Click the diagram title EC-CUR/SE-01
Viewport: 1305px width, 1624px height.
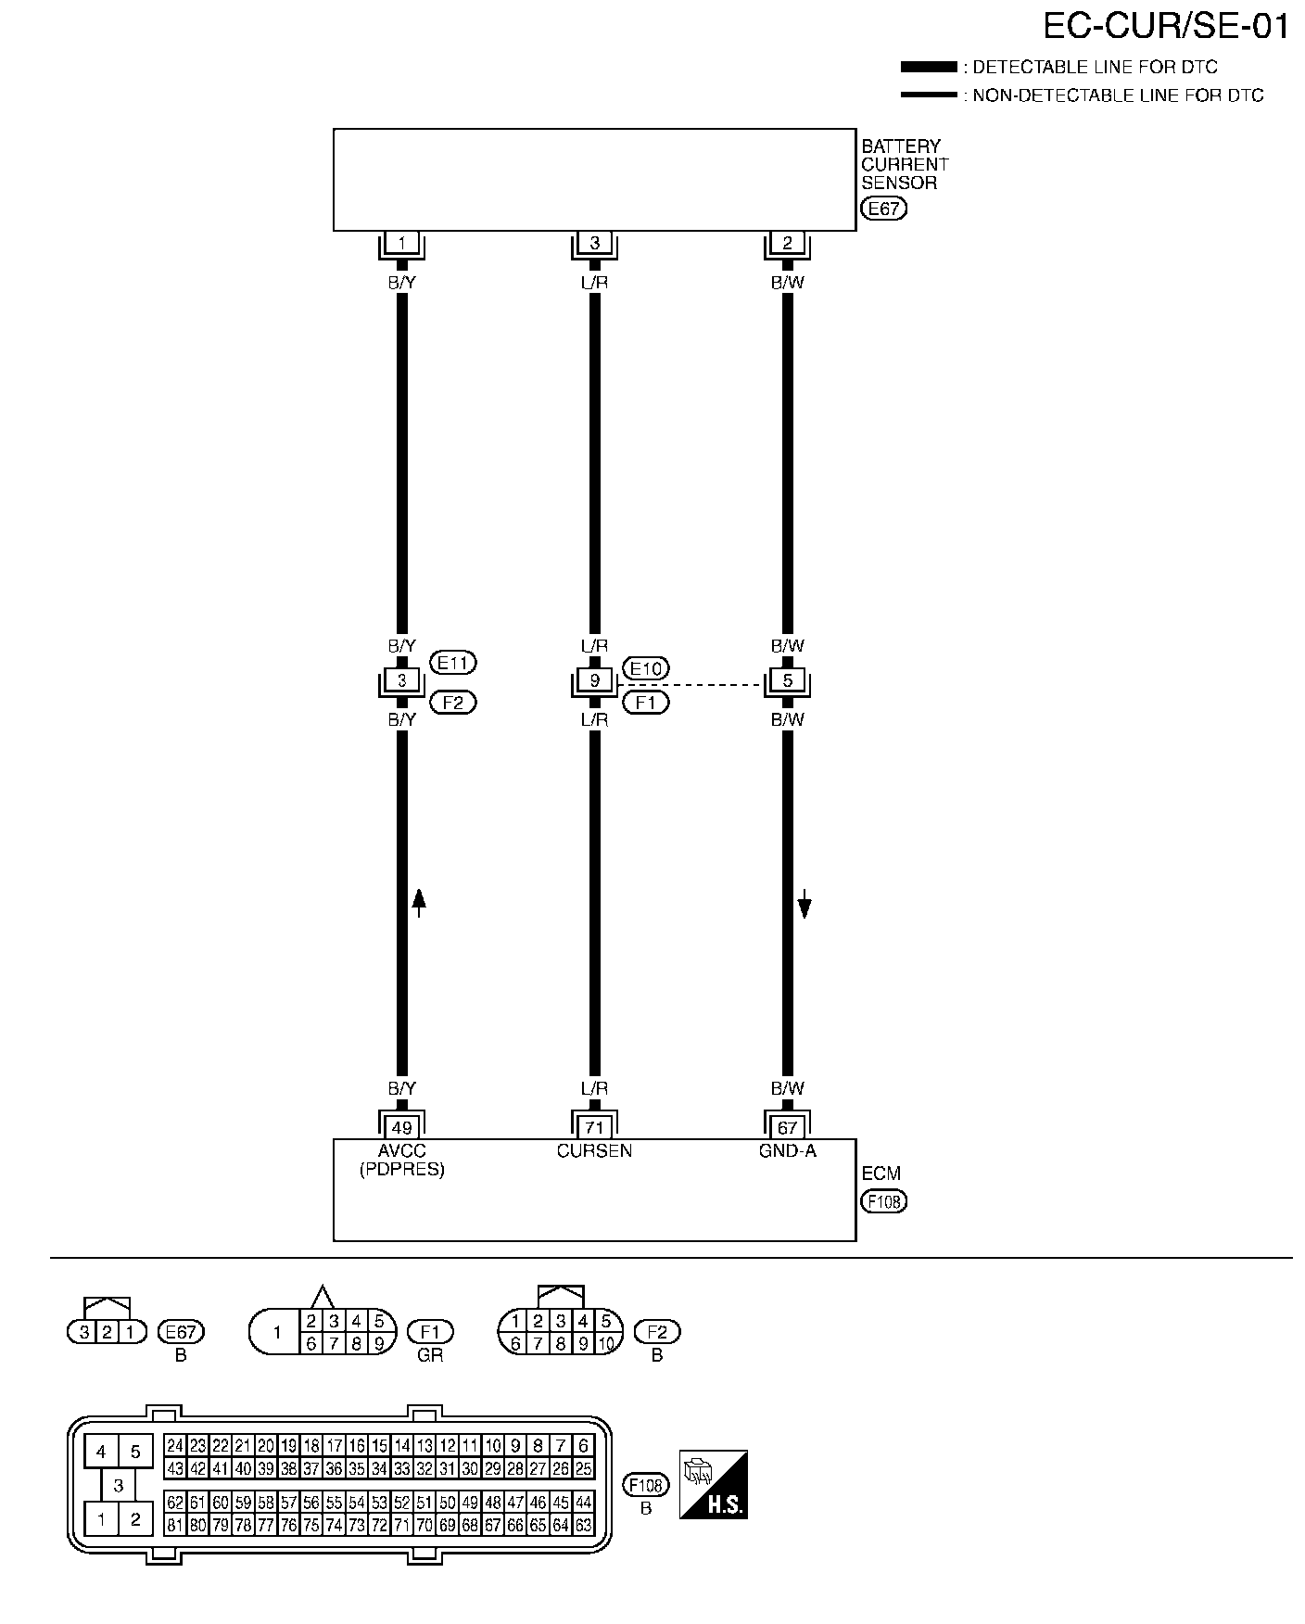click(x=1166, y=27)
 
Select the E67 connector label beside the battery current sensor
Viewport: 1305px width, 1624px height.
click(x=883, y=209)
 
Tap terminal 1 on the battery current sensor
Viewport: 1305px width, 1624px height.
click(x=401, y=244)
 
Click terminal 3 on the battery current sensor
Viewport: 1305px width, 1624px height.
click(x=594, y=244)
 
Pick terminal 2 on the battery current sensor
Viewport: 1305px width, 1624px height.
click(x=787, y=244)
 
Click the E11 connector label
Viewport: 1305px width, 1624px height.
click(x=454, y=663)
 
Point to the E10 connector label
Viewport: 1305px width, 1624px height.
click(x=647, y=668)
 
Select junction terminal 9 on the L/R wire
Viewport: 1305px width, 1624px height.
click(x=594, y=681)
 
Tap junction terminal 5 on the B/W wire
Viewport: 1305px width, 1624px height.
click(x=787, y=681)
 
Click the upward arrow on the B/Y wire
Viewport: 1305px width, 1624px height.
click(x=419, y=902)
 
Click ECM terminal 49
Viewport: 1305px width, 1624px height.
click(x=401, y=1128)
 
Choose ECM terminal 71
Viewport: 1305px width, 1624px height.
click(x=594, y=1128)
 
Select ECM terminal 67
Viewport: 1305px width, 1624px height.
click(x=787, y=1128)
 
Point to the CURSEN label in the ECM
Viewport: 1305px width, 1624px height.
click(x=594, y=1151)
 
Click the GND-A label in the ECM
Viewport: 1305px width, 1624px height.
click(x=787, y=1151)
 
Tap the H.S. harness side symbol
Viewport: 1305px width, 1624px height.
click(x=713, y=1485)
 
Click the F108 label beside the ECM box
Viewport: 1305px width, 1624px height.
click(x=883, y=1201)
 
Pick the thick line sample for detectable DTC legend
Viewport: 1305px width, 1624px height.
click(x=928, y=67)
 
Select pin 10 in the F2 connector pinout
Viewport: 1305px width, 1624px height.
click(x=606, y=1343)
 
